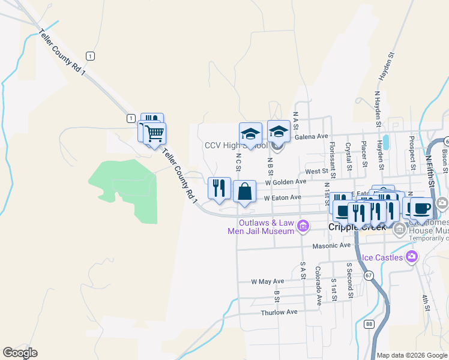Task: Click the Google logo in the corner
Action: coord(20,353)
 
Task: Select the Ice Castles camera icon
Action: coord(412,257)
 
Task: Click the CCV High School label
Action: coord(235,146)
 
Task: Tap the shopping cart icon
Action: coord(155,133)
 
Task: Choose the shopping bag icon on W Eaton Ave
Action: coord(244,193)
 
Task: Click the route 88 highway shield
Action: coord(369,325)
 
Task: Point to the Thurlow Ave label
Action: coord(279,312)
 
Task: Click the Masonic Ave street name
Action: coord(331,245)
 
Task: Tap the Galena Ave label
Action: coord(312,137)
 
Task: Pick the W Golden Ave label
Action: coord(286,181)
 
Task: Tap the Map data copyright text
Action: coord(412,355)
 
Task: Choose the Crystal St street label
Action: coord(348,154)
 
